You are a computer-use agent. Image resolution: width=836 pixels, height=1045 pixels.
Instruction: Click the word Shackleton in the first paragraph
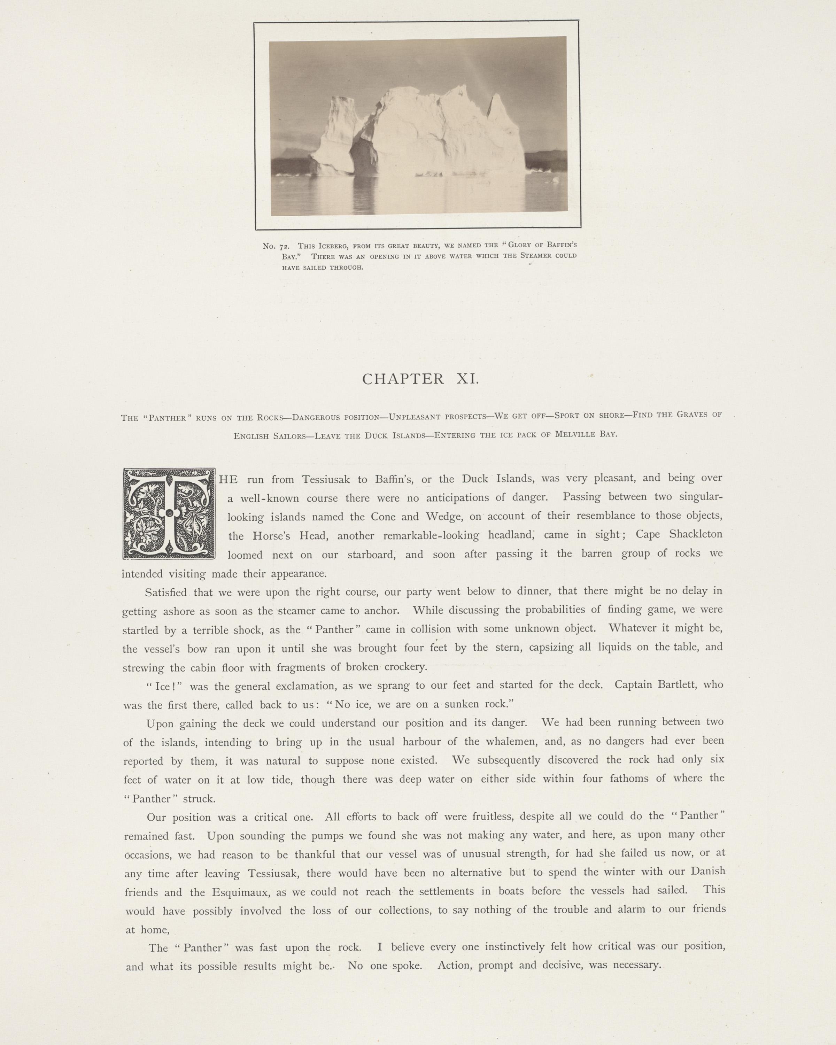tap(696, 534)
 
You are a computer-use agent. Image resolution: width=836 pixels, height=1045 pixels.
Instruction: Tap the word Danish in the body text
tap(707, 871)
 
